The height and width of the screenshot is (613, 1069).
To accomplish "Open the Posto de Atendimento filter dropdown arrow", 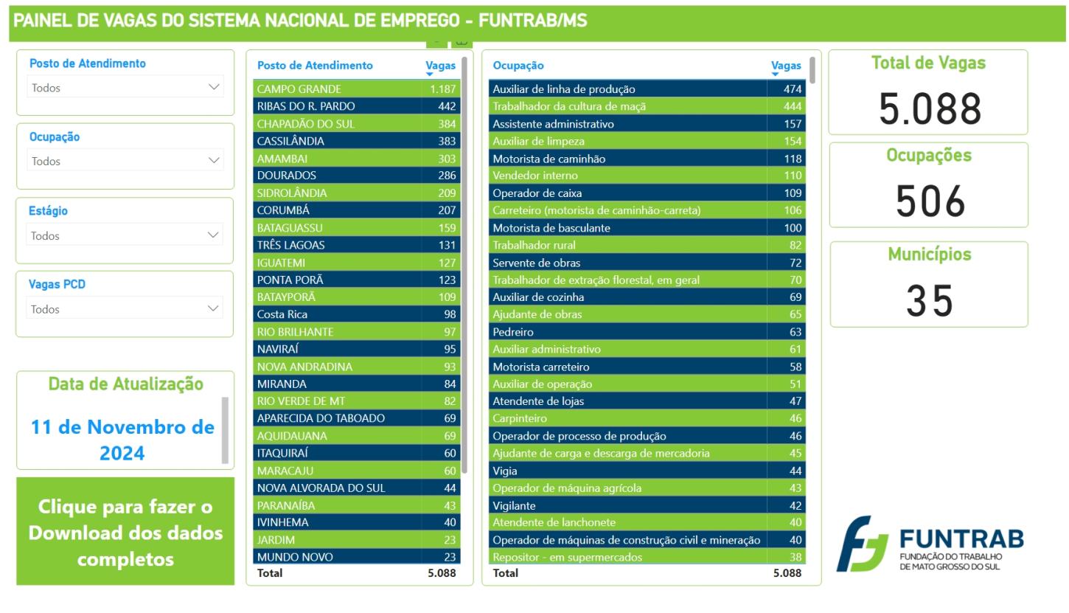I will [x=214, y=87].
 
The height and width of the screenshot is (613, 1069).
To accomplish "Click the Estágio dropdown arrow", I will [x=214, y=235].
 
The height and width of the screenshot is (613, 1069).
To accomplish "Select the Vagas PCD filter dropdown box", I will [x=125, y=309].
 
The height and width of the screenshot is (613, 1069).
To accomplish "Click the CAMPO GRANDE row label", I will [x=299, y=89].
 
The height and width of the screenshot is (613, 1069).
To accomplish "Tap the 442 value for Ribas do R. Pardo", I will [x=447, y=106].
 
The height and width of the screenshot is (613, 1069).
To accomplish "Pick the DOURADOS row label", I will [x=287, y=176].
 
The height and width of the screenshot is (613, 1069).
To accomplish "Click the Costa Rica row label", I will [x=282, y=314].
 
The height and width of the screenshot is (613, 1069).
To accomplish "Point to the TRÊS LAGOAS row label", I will [x=290, y=245].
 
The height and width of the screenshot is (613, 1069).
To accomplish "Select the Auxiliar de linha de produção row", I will [x=564, y=89].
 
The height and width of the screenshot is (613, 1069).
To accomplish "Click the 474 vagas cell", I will [x=793, y=89].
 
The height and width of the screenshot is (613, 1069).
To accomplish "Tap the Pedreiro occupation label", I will [x=513, y=332].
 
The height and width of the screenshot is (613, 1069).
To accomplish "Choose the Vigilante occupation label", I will [x=514, y=505].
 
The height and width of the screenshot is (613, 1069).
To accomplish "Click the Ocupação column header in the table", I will [x=518, y=66].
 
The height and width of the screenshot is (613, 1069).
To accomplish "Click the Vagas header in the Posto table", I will [x=441, y=66].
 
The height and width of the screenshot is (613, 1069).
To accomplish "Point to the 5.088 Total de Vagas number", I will [x=929, y=108].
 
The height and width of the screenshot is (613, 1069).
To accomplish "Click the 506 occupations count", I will [x=930, y=201].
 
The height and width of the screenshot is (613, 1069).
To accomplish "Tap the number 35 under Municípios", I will [x=930, y=301].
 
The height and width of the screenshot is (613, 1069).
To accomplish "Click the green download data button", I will [x=125, y=532].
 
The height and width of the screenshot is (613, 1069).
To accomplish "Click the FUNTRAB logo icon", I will [x=863, y=544].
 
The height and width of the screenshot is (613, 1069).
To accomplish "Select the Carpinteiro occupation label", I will [x=520, y=418].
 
